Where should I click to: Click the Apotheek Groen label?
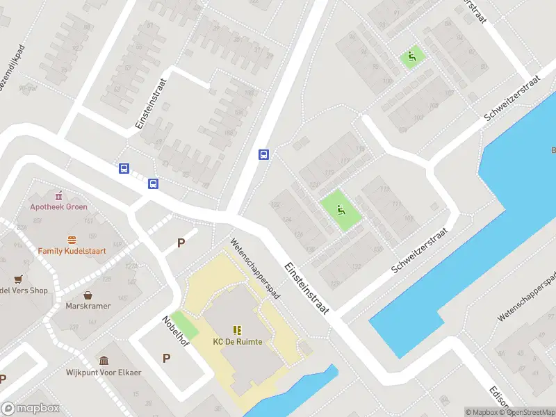[x=58, y=206]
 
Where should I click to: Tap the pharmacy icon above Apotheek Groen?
[x=58, y=194]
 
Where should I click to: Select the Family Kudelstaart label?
[x=72, y=250]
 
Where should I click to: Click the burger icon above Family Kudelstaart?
[x=72, y=238]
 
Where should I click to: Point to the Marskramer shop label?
[x=88, y=306]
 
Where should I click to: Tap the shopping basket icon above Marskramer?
[x=88, y=295]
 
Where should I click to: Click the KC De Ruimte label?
[x=238, y=341]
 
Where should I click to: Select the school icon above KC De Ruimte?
[x=238, y=329]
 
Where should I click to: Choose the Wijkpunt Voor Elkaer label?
[x=104, y=373]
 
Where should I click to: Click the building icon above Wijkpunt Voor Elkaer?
[x=104, y=361]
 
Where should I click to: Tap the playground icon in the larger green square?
[x=341, y=209]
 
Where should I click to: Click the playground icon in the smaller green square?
[x=412, y=57]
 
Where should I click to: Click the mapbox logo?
[x=31, y=409]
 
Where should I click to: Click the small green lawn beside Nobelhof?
[x=184, y=325]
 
